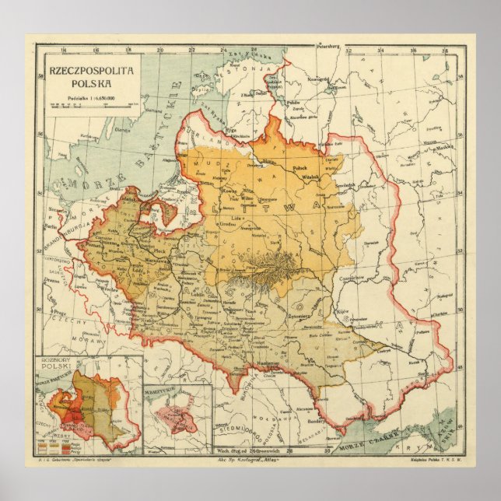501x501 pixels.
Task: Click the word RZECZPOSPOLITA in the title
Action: (91, 70)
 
